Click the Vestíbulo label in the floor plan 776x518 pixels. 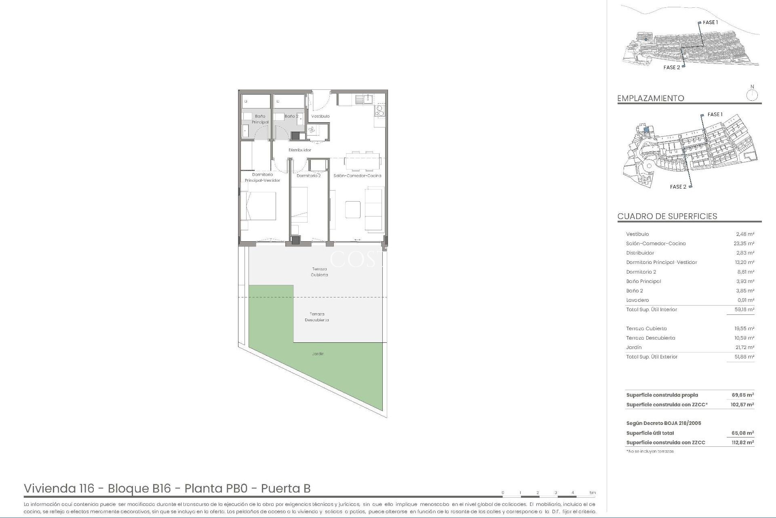[x=320, y=116]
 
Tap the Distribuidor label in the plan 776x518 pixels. [x=299, y=150]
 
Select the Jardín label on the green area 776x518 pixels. [x=318, y=354]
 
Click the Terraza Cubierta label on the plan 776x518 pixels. [x=319, y=272]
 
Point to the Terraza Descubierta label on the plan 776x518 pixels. [x=317, y=317]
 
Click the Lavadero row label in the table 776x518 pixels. [x=637, y=300]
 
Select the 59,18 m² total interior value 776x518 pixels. [x=744, y=310]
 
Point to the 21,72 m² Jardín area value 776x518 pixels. [x=744, y=348]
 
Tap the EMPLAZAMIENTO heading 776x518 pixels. [x=650, y=98]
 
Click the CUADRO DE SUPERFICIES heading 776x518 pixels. [x=667, y=216]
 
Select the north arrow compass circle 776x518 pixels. [x=752, y=96]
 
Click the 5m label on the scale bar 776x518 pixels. [x=592, y=493]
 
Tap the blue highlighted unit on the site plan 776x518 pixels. [x=646, y=130]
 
